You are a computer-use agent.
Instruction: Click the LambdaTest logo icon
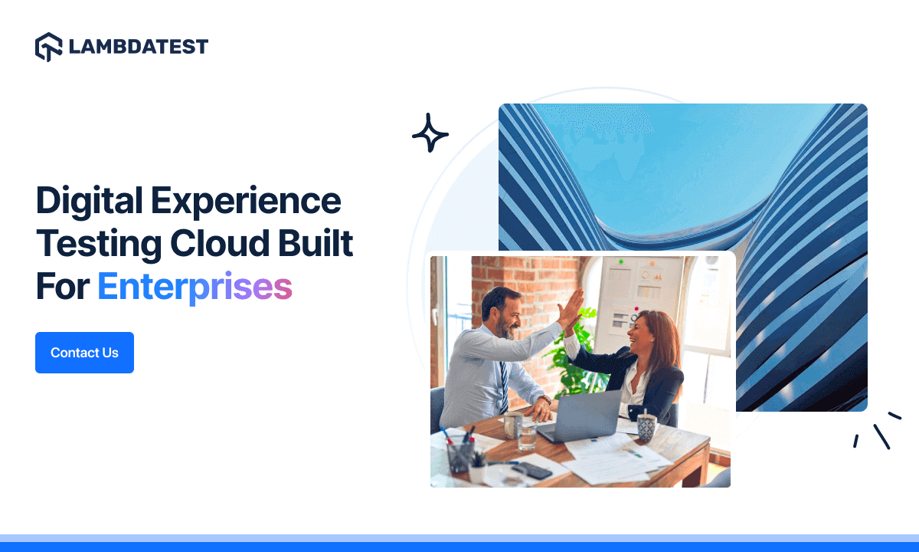48,47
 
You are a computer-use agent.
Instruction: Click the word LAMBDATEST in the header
138,47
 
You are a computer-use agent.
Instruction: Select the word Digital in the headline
89,202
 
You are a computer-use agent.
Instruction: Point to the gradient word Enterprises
195,287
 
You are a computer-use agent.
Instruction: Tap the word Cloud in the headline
223,245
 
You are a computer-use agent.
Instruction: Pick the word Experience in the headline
246,202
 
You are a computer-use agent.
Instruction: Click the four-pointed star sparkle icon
430,133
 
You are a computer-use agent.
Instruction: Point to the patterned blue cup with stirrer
647,426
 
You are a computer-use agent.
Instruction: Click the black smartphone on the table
534,471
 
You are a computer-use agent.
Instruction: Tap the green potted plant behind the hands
576,360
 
